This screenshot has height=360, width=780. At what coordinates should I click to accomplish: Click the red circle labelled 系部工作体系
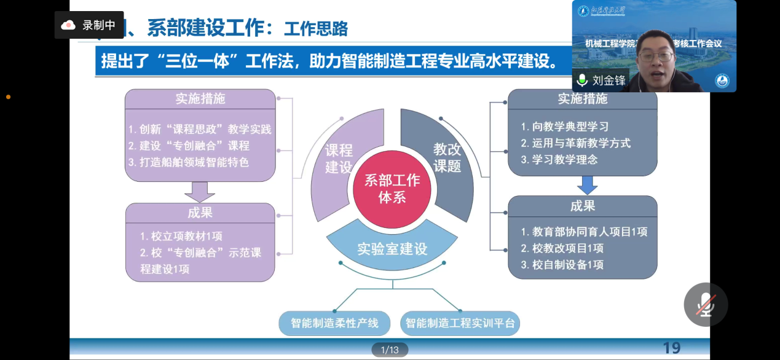click(392, 188)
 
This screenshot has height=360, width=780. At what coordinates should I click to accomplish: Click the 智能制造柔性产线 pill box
click(334, 323)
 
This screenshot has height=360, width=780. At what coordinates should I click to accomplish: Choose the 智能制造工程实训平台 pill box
click(460, 323)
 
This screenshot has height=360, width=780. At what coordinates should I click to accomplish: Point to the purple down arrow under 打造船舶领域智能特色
click(200, 192)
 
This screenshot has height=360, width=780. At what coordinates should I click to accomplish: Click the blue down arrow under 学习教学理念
click(587, 184)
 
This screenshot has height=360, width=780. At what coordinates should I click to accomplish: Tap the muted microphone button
click(706, 305)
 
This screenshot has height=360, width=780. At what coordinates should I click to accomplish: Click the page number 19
click(671, 348)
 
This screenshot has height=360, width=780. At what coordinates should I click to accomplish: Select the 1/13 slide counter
click(390, 350)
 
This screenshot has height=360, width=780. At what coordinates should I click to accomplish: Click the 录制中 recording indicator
click(90, 25)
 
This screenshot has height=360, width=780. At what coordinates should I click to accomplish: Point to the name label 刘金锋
click(609, 80)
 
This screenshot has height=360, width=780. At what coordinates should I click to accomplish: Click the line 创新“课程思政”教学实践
click(200, 130)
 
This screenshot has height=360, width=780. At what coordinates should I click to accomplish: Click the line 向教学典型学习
click(564, 127)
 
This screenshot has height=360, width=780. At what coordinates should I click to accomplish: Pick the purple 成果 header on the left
click(200, 213)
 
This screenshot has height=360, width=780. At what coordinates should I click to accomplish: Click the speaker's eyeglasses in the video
click(656, 57)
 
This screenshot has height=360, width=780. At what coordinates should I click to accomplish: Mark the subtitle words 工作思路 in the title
click(316, 28)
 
